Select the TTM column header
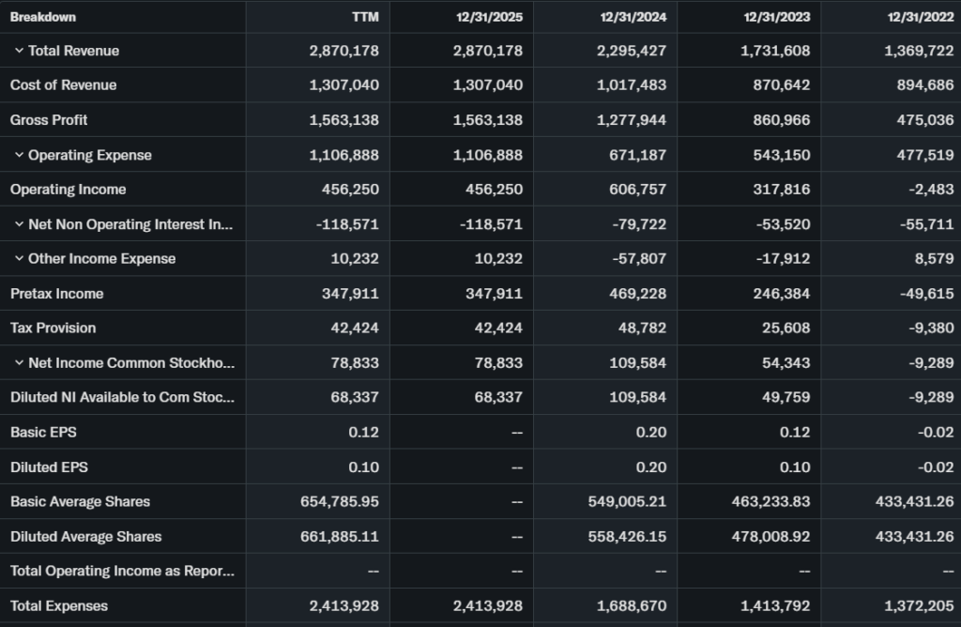tap(365, 17)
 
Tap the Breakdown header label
tap(43, 17)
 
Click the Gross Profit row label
tap(49, 120)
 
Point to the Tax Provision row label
tap(53, 328)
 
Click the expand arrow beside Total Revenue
tap(19, 51)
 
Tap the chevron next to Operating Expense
tap(19, 155)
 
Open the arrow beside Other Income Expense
tap(19, 258)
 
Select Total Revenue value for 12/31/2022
tap(919, 51)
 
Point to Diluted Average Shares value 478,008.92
tap(770, 537)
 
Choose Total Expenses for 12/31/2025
tap(487, 605)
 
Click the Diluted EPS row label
tap(49, 466)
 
